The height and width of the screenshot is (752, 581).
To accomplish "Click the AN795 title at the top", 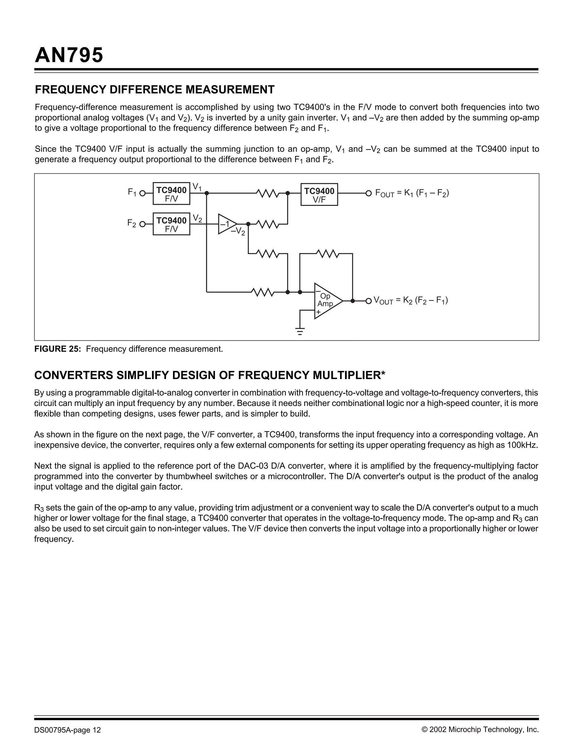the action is (69, 55).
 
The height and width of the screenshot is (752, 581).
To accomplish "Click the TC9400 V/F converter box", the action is (319, 195).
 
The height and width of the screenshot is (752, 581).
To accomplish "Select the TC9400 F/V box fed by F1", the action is (171, 194).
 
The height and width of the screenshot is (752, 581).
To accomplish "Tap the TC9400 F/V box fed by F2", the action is (171, 224).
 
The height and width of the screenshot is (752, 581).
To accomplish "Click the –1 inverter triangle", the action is (226, 224).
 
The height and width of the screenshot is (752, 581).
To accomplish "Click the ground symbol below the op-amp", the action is (300, 331).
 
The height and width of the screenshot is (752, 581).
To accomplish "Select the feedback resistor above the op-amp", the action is (328, 254).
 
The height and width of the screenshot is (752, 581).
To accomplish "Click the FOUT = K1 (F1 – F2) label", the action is (412, 193).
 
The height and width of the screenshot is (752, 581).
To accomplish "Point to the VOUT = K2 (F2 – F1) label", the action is (411, 301).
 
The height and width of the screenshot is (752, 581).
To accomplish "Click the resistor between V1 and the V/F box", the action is (268, 194).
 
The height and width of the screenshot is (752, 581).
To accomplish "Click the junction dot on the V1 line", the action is (207, 194).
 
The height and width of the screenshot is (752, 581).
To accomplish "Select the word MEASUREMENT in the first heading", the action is (230, 89).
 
